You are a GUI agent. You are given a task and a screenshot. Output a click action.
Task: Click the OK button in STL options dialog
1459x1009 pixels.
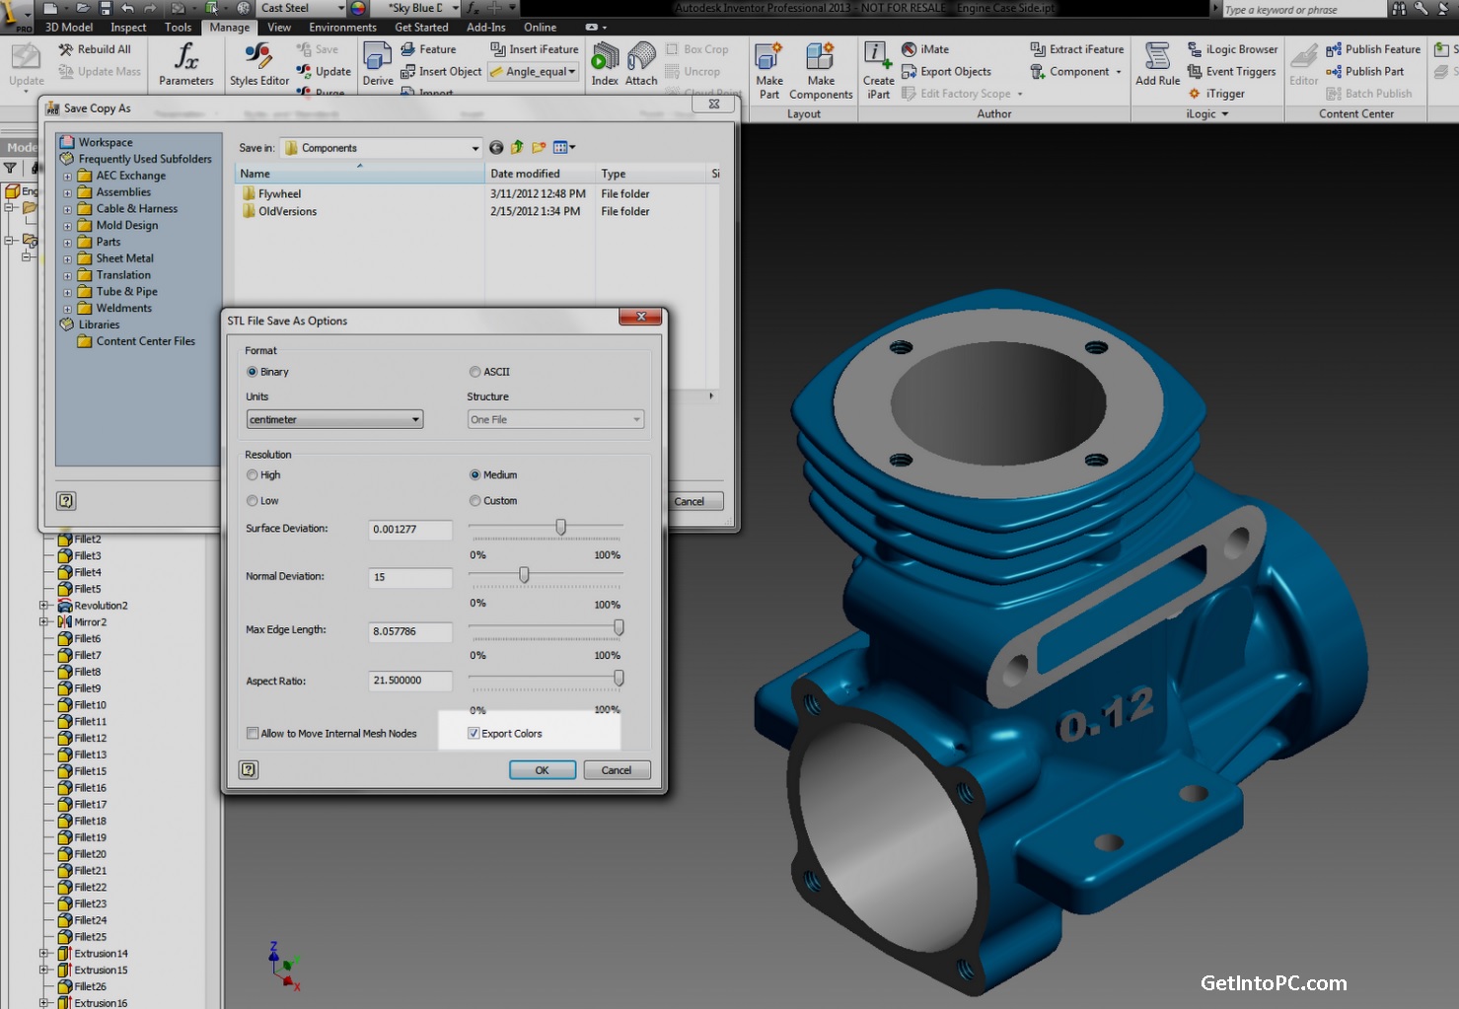pyautogui.click(x=542, y=770)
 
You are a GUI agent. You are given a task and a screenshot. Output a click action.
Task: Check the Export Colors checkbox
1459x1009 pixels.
pyautogui.click(x=474, y=734)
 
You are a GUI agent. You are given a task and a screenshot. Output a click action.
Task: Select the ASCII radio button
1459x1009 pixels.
pyautogui.click(x=475, y=372)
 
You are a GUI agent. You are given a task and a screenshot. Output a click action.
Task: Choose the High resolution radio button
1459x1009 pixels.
pyautogui.click(x=253, y=475)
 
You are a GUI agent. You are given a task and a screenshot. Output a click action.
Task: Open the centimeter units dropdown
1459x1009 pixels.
pyautogui.click(x=334, y=419)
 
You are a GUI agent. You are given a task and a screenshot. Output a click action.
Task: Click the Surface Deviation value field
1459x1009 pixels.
pyautogui.click(x=409, y=530)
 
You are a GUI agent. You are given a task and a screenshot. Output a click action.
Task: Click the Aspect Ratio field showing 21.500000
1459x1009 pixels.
pyautogui.click(x=409, y=681)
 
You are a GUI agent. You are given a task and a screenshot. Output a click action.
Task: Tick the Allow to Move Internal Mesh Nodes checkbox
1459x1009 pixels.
pyautogui.click(x=253, y=734)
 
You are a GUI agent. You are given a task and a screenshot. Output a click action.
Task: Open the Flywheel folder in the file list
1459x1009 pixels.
pyautogui.click(x=279, y=194)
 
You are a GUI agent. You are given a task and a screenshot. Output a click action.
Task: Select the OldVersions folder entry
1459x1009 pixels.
pyautogui.click(x=287, y=211)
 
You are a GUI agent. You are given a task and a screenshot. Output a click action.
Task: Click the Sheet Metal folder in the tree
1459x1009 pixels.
pyautogui.click(x=124, y=258)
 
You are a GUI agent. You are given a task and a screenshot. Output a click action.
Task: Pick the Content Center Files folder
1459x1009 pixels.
pyautogui.click(x=145, y=341)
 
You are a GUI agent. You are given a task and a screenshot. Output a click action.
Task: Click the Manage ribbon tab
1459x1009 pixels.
pyautogui.click(x=229, y=28)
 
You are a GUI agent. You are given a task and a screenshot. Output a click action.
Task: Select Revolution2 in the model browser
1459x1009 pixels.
pyautogui.click(x=101, y=606)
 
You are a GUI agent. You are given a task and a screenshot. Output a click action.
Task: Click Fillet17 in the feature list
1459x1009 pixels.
pyautogui.click(x=90, y=805)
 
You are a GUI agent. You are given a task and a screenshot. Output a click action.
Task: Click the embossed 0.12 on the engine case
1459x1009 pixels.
pyautogui.click(x=1105, y=715)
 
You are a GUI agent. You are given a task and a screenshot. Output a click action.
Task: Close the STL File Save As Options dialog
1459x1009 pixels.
pyautogui.click(x=640, y=317)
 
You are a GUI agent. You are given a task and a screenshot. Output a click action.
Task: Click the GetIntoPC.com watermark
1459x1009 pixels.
pyautogui.click(x=1273, y=983)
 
